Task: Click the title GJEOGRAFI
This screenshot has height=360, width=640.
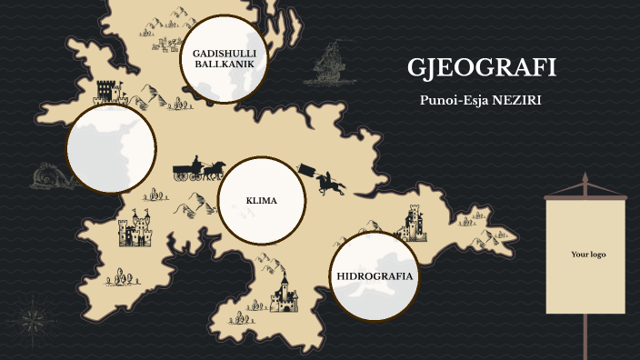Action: click(482, 68)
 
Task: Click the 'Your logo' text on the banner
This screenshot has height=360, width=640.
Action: click(587, 255)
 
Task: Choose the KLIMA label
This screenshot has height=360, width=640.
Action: click(261, 201)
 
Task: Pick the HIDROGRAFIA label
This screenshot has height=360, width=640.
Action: click(375, 275)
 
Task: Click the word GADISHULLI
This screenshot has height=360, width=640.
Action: click(224, 54)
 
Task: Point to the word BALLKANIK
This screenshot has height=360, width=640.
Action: click(224, 65)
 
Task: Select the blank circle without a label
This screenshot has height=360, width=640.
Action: click(111, 147)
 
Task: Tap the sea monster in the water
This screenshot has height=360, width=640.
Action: click(45, 175)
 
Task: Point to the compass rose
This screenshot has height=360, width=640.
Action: click(32, 317)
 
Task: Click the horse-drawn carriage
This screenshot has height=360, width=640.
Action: click(199, 168)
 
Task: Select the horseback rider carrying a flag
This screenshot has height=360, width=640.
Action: click(324, 178)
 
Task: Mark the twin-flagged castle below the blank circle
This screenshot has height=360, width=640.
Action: click(135, 229)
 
